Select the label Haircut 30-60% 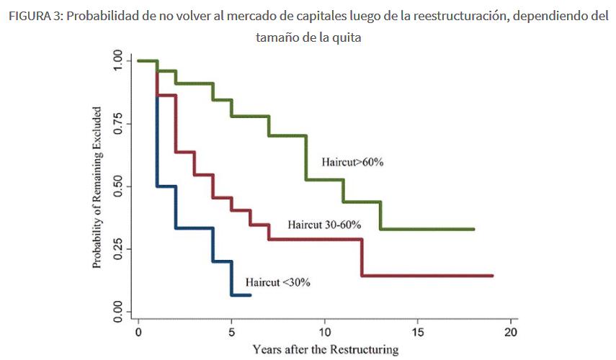click(x=324, y=225)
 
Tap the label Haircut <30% click(x=278, y=282)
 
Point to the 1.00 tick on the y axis click(x=117, y=61)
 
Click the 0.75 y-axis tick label click(x=117, y=124)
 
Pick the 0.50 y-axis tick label click(x=117, y=186)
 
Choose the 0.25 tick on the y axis click(x=117, y=249)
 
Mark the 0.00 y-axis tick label click(x=117, y=312)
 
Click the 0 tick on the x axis click(x=138, y=333)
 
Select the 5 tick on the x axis click(x=231, y=333)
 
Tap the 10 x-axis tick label click(x=324, y=333)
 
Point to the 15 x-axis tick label click(x=417, y=333)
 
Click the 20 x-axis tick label click(x=510, y=333)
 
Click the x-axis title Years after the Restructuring click(x=325, y=350)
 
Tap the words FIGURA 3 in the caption click(x=33, y=17)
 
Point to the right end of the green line click(x=473, y=229)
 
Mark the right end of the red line click(x=492, y=276)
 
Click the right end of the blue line click(x=250, y=295)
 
